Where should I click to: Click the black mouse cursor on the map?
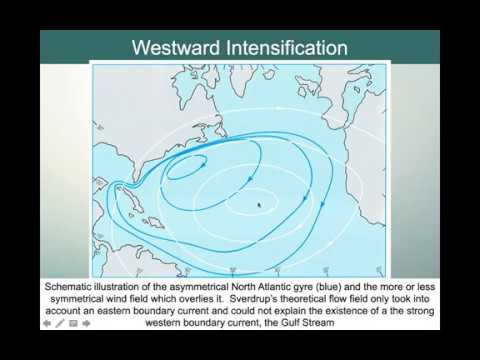[259, 205]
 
